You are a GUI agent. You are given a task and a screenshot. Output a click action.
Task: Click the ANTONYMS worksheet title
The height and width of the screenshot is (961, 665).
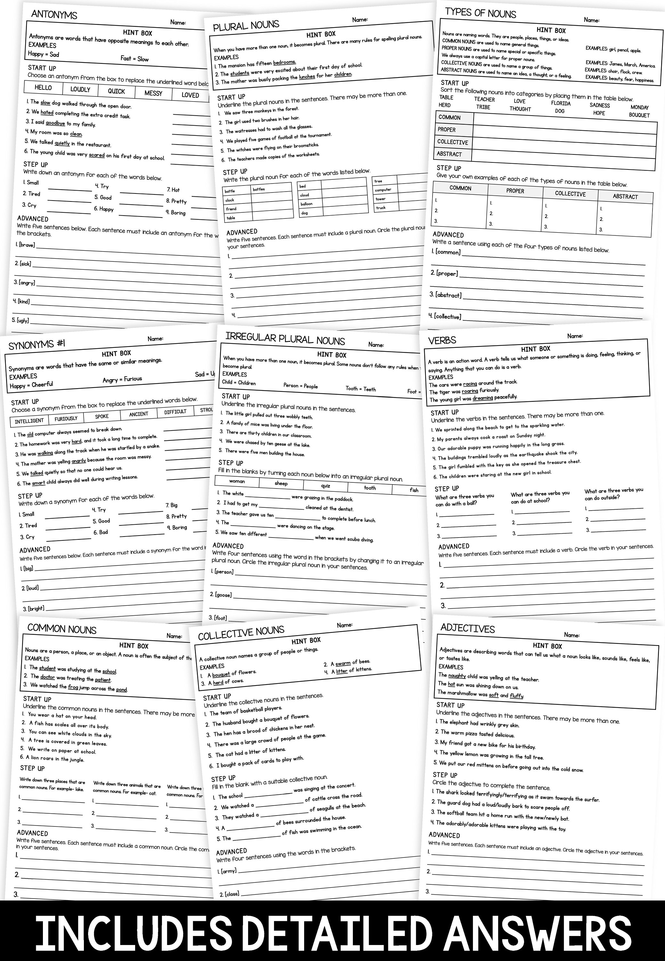pos(54,15)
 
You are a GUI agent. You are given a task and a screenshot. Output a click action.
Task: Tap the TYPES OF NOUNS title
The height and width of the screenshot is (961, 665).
pos(480,13)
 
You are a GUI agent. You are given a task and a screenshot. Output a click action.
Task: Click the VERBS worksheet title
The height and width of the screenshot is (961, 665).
pos(442,340)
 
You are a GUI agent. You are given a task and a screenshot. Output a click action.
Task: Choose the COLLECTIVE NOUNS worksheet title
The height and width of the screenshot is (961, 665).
pos(241,634)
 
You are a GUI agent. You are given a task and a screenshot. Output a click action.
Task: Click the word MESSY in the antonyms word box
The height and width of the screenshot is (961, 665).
pos(153,93)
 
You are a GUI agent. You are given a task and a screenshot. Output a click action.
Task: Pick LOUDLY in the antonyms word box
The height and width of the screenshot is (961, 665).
pos(80,89)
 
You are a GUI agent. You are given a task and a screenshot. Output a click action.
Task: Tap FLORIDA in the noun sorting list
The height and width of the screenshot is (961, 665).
pos(560,103)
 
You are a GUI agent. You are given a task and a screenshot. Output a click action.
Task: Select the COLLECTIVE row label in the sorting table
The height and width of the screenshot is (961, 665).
pos(452,142)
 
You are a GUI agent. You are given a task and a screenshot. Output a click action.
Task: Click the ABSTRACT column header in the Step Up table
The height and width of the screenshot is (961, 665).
pos(625,196)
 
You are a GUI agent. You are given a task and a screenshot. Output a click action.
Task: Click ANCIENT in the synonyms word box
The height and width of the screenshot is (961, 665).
pos(138,414)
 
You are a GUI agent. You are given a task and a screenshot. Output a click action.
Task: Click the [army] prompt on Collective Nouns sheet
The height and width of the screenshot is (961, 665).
pos(228,871)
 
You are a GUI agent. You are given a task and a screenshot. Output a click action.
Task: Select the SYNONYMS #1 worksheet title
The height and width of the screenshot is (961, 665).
pos(37,344)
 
